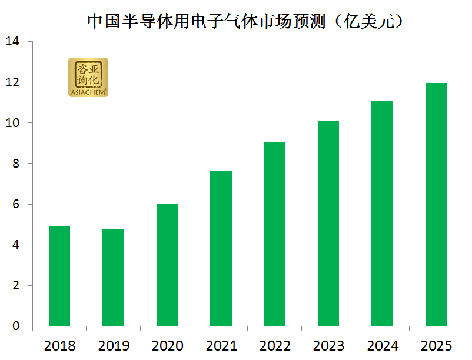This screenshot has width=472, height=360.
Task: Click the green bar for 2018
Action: coord(59,276)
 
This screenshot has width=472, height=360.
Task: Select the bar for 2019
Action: coord(113,278)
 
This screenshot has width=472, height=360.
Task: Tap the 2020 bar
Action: coord(167,265)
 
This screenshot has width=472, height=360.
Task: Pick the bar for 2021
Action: coord(221,249)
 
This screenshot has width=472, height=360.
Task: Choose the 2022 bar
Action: coord(275,234)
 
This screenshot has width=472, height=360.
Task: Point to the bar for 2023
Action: coord(328,224)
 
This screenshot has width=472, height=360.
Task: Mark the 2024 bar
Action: coord(382,214)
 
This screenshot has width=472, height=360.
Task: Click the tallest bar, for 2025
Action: coord(436,205)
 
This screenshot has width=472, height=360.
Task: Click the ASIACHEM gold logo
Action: coord(88,77)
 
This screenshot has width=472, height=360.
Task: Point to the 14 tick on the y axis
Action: coord(12,42)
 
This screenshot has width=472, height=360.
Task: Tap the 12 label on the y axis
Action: coord(12,82)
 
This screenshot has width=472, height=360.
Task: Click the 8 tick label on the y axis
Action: coord(16,164)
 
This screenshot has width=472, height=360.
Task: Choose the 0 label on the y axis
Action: coord(16,326)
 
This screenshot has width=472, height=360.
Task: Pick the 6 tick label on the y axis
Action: coord(16,204)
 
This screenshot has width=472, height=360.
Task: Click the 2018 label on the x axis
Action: coord(59,345)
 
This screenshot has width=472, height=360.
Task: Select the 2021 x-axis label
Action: coord(221,345)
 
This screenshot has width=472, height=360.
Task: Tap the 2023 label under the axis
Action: coord(328,345)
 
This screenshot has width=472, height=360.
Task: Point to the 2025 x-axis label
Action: coord(436,345)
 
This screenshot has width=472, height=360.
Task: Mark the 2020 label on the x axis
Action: coord(167,345)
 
